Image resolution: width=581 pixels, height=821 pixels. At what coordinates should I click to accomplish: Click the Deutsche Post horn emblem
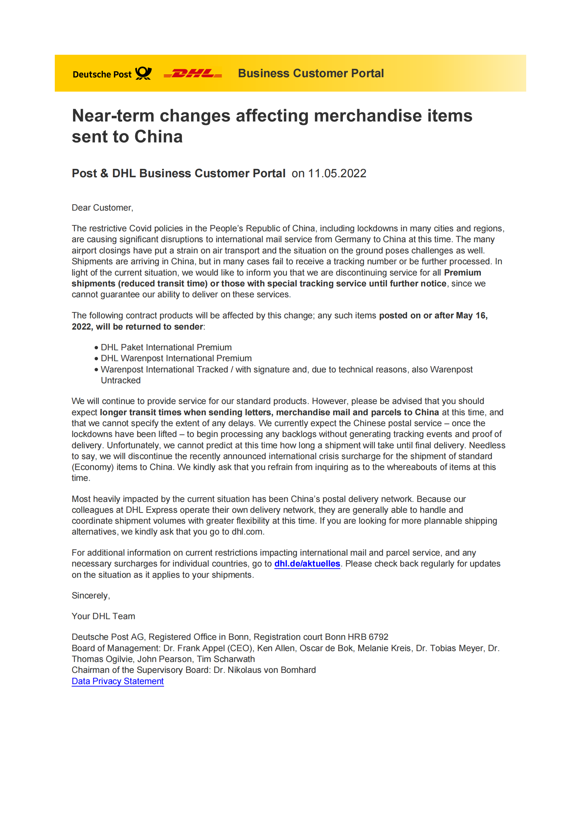pos(143,73)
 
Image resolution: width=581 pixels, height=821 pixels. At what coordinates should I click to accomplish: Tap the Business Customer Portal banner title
pos(311,73)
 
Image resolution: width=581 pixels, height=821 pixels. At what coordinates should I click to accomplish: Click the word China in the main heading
pos(158,137)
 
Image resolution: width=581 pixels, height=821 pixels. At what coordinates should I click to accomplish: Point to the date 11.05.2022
pos(337,173)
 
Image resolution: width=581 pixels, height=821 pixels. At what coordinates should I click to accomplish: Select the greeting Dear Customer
pos(102,208)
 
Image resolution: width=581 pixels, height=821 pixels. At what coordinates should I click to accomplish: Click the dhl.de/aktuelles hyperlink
pos(307,564)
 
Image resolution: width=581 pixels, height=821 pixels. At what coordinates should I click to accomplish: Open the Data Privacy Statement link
pos(118,681)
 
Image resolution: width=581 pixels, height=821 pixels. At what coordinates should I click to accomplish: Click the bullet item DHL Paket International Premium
pos(166,347)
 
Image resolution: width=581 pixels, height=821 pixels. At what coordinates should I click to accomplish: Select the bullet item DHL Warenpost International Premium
pos(176,358)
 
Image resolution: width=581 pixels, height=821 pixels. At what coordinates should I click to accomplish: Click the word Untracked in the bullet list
pos(120,380)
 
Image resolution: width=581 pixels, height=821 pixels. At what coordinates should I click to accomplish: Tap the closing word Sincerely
pos(91,595)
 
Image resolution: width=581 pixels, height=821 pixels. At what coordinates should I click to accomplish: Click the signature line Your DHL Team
pos(103,616)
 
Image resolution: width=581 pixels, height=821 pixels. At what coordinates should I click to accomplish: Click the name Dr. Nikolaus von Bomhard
pos(265,670)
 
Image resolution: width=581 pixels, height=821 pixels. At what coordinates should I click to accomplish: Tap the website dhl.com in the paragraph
pos(247,532)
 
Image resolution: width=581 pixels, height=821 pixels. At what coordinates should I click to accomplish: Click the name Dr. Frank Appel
pos(194,648)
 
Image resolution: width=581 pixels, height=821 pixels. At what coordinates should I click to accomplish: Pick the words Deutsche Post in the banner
pos(102,74)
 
